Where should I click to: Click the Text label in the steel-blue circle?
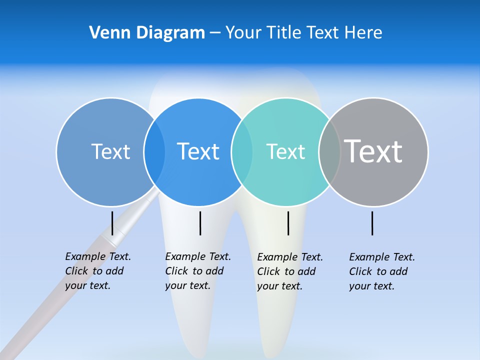pos(110,151)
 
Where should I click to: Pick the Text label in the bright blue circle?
pos(198,151)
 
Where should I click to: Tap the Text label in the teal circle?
pos(285,151)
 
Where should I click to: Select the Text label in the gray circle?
pos(373,151)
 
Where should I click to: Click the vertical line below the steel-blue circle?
pos(112,223)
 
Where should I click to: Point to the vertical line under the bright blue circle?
pos(200,223)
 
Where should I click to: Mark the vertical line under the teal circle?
pos(288,223)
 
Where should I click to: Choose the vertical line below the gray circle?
pos(372,223)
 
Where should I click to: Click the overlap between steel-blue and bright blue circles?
pos(154,152)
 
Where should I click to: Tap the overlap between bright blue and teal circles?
pos(242,152)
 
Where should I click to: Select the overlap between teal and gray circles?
pos(329,152)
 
